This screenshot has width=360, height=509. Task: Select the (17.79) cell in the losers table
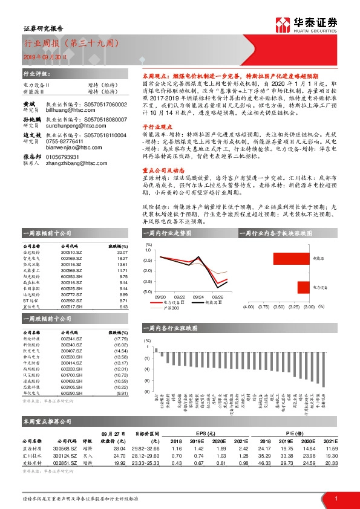[121, 339]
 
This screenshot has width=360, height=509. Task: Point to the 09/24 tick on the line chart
[198, 297]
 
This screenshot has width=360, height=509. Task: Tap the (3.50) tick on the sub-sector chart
[278, 307]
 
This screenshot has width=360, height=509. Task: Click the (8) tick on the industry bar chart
[147, 392]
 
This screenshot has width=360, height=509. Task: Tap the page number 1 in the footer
[335, 498]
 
